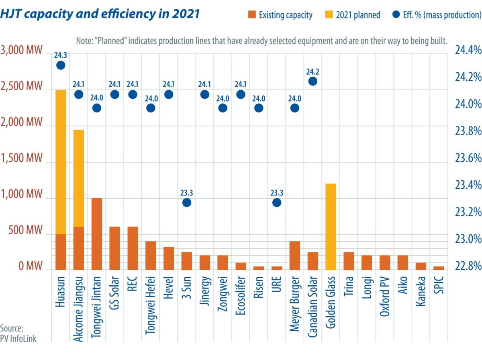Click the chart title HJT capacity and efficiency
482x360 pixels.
point(100,14)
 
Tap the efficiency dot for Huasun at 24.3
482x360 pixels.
point(61,65)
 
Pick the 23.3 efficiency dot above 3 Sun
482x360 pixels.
point(187,202)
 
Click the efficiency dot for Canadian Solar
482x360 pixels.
point(313,81)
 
